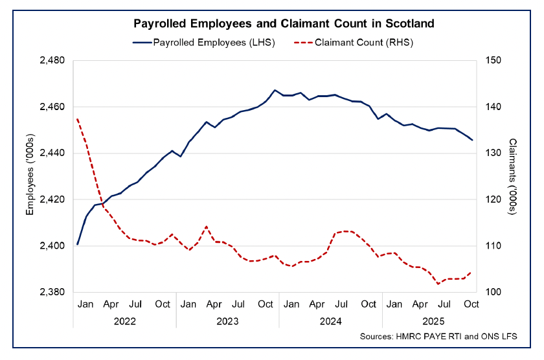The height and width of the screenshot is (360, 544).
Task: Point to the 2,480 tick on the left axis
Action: coord(54,60)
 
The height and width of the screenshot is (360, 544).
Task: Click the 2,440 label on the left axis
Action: coord(54,153)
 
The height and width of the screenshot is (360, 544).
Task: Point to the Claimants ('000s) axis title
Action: coord(514,176)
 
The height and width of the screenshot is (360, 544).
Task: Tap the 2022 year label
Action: coord(124,321)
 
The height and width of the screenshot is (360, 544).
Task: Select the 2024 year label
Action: coord(330,321)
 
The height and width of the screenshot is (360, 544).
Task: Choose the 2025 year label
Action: coord(433,321)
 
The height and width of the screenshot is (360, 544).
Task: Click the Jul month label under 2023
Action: coord(238,304)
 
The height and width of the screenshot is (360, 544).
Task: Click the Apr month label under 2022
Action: coord(110,304)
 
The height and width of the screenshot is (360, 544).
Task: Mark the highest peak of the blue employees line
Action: coord(275,90)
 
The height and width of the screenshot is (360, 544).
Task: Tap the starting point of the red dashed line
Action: coord(77,119)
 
